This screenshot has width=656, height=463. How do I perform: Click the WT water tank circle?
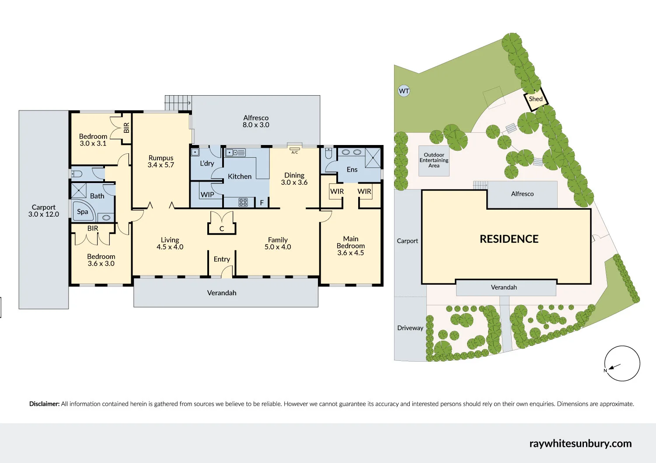tap(404, 91)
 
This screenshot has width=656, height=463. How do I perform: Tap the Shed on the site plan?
tap(536, 99)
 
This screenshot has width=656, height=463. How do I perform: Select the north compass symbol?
tap(622, 363)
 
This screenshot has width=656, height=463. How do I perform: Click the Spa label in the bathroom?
tap(83, 212)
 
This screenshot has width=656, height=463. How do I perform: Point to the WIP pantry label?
tap(207, 194)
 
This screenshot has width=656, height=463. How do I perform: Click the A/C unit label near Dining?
tap(295, 152)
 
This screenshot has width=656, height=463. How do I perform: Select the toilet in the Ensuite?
tap(329, 153)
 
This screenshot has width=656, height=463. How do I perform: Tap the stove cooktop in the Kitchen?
tap(243, 202)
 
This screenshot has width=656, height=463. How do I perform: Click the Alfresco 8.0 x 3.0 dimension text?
tap(256, 125)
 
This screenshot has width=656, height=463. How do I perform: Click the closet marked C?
tap(222, 228)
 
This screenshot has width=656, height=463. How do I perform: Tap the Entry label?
tap(222, 259)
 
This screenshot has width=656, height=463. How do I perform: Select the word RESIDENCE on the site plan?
tap(509, 239)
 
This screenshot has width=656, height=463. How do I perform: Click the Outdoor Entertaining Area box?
tap(434, 160)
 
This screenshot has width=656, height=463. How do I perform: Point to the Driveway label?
tap(410, 328)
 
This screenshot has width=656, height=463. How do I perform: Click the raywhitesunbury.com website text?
tap(580, 443)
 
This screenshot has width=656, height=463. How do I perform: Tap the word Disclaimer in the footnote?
tap(44, 404)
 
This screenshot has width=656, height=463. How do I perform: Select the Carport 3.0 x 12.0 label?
tap(44, 211)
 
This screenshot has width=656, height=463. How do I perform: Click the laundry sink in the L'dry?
tap(195, 152)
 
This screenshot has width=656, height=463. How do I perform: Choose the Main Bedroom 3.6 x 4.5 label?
tap(351, 245)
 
